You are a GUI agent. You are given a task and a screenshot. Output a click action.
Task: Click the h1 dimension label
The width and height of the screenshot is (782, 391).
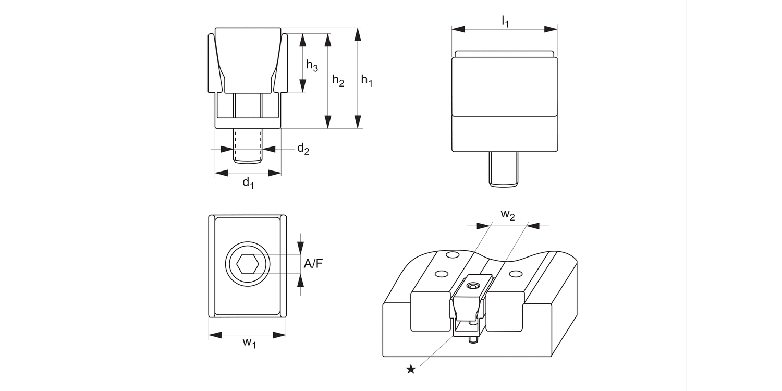click(x=367, y=80)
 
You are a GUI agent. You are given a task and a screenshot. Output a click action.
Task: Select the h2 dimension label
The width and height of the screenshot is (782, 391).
click(x=338, y=81)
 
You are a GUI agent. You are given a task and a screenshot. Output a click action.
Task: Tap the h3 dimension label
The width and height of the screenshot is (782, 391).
click(x=312, y=66)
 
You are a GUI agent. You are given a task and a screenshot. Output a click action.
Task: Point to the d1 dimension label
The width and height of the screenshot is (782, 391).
click(x=248, y=183)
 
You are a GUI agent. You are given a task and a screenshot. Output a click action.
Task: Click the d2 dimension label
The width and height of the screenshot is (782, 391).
click(x=303, y=149)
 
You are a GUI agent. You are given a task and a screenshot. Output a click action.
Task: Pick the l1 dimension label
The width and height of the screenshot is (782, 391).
click(x=505, y=21)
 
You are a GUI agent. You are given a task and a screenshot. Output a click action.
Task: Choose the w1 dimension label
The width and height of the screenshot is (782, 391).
click(x=249, y=343)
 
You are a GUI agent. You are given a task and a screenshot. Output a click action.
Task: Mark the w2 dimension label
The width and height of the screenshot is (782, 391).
click(x=507, y=215)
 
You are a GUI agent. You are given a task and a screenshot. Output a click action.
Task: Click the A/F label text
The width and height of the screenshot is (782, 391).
click(x=313, y=264)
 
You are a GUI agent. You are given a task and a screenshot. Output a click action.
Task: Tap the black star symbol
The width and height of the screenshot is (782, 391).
click(x=411, y=369)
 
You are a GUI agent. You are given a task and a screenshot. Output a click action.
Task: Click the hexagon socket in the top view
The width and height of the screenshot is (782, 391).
click(x=248, y=264)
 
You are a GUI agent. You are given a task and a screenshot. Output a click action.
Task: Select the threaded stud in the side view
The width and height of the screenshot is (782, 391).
click(x=504, y=169)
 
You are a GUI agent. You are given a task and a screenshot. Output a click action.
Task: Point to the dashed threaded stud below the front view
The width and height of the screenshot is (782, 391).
click(x=248, y=146)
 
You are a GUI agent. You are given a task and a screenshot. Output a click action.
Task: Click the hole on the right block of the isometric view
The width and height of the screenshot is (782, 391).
click(x=515, y=274)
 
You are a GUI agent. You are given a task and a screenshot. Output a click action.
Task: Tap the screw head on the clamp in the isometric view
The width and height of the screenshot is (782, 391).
click(x=473, y=286)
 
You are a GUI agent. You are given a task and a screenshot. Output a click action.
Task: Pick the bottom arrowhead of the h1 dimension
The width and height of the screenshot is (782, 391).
click(x=357, y=121)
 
